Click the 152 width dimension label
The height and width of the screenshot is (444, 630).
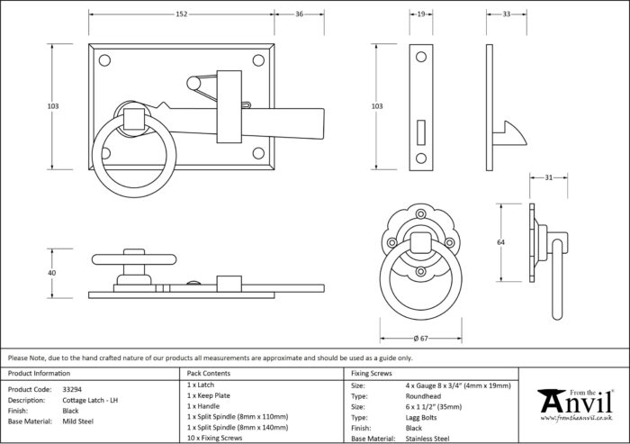pyautogui.click(x=182, y=14)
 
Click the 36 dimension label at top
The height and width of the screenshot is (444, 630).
pyautogui.click(x=300, y=14)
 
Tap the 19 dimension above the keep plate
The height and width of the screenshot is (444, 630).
pyautogui.click(x=421, y=14)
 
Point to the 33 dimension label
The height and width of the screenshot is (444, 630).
pyautogui.click(x=506, y=14)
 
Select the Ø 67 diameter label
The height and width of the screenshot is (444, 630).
pyautogui.click(x=420, y=339)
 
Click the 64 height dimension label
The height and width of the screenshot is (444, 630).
pyautogui.click(x=500, y=242)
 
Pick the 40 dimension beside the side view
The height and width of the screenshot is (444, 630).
pyautogui.click(x=52, y=273)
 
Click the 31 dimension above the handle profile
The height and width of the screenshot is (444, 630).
pyautogui.click(x=549, y=177)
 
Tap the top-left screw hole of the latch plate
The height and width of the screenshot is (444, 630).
pyautogui.click(x=104, y=60)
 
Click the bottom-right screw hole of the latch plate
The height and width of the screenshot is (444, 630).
pyautogui.click(x=258, y=153)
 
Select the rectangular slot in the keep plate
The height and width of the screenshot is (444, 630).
pyautogui.click(x=421, y=132)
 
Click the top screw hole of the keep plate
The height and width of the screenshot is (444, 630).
pyautogui.click(x=421, y=57)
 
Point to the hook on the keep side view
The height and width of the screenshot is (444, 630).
pyautogui.click(x=509, y=134)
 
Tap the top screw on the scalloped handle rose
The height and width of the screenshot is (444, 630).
pyautogui.click(x=420, y=214)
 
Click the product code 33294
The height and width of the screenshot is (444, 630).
pyautogui.click(x=72, y=389)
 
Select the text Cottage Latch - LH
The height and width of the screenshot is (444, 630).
pyautogui.click(x=90, y=400)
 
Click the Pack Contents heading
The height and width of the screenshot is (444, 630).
pyautogui.click(x=209, y=374)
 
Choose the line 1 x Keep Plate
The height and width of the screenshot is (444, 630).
pyautogui.click(x=209, y=395)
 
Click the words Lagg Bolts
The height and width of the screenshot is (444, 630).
pyautogui.click(x=421, y=418)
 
